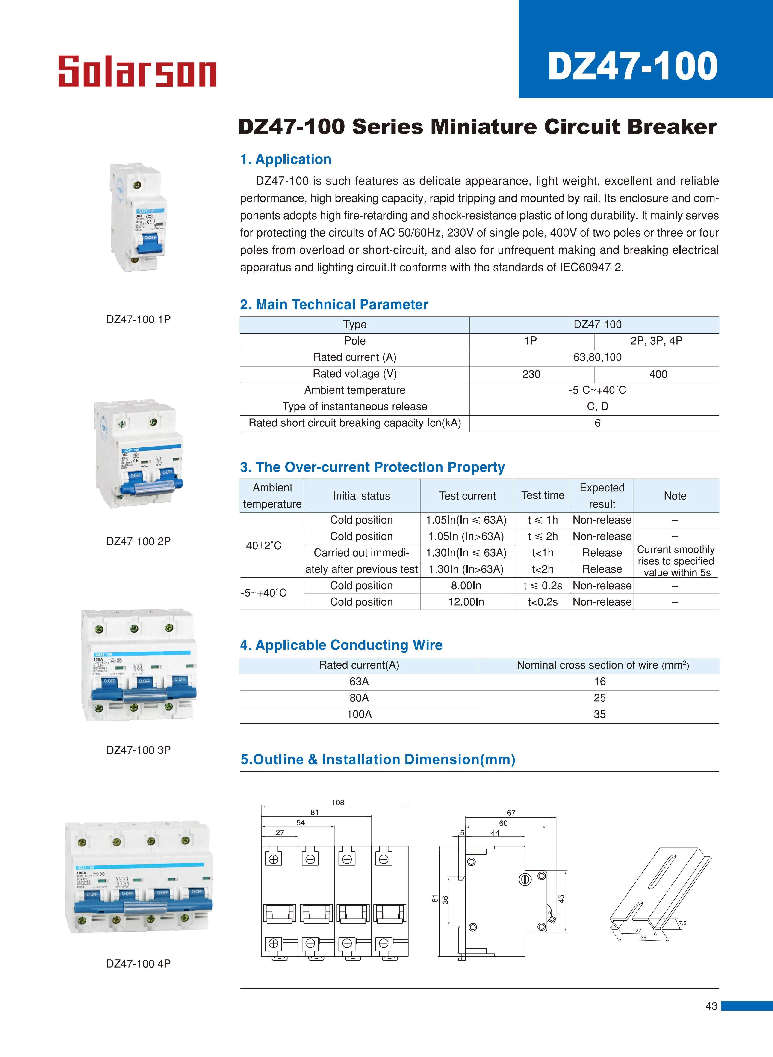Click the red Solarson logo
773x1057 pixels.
(137, 72)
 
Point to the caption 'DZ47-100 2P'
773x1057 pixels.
(139, 541)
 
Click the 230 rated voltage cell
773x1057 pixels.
(531, 374)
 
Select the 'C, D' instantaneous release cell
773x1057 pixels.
(598, 406)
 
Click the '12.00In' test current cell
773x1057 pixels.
(466, 602)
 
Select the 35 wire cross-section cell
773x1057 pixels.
(599, 714)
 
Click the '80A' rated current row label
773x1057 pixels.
(359, 698)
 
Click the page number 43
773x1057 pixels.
(711, 1006)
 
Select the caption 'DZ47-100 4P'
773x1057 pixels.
(139, 963)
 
